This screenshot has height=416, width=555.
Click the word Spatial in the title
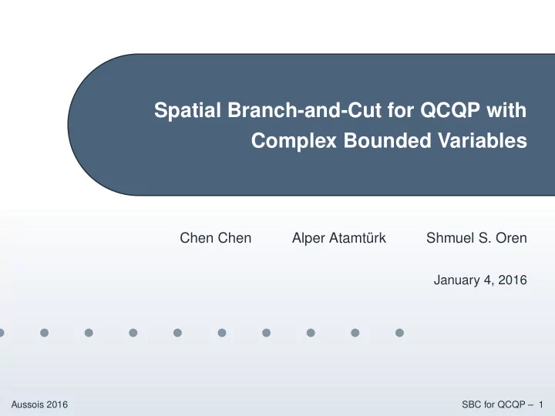tap(187, 110)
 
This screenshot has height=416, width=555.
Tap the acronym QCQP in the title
tap(450, 110)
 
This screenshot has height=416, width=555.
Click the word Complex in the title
tap(294, 141)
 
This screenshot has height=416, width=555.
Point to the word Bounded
tap(387, 140)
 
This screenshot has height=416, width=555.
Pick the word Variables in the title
tap(483, 140)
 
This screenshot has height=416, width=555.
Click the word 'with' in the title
tap(506, 109)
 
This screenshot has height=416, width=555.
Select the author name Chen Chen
tap(216, 238)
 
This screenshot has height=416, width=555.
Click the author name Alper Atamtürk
tap(339, 238)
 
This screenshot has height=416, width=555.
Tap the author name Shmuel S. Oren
tap(476, 238)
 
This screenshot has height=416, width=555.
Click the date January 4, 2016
tap(480, 280)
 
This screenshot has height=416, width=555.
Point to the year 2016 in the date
tap(513, 280)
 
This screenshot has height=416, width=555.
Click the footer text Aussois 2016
tap(39, 404)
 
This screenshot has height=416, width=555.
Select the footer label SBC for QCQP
tap(494, 404)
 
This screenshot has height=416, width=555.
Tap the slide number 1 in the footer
tap(541, 404)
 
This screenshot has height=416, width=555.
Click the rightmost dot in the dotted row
tap(399, 333)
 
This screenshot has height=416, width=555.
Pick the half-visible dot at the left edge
tap(2, 333)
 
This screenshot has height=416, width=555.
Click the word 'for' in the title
tap(401, 109)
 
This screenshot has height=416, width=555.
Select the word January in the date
tap(456, 280)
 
